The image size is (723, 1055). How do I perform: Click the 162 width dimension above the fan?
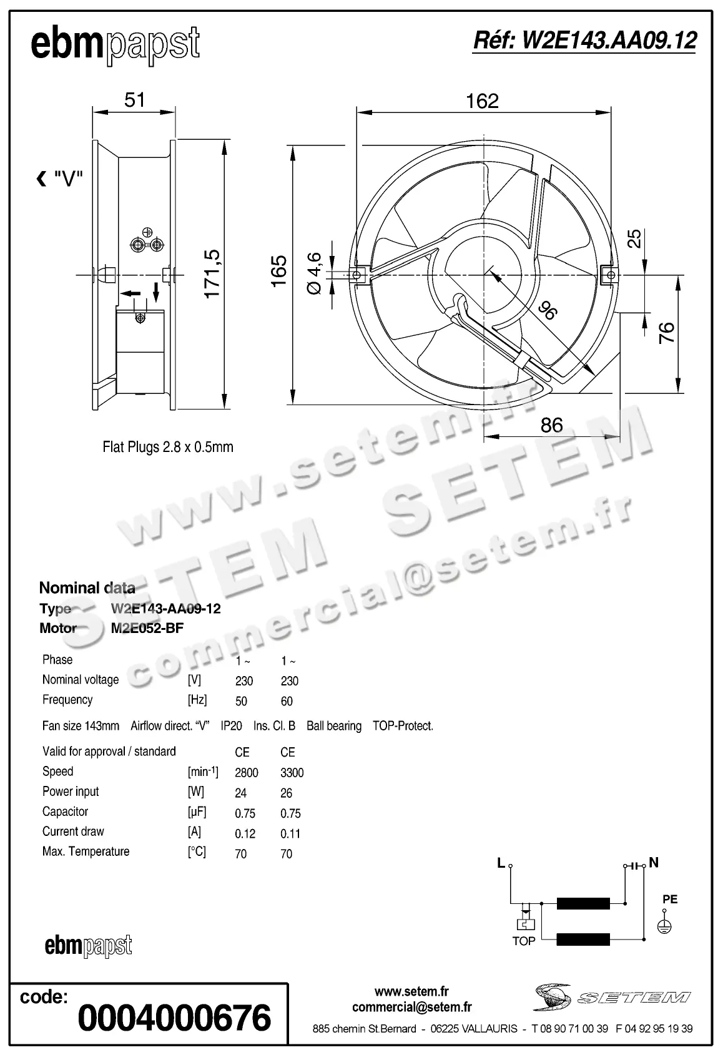coord(482,101)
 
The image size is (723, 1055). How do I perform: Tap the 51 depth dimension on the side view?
coord(134,100)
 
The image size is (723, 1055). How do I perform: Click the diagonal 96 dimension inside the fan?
coord(547,310)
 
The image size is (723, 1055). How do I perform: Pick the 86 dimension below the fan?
coord(551,425)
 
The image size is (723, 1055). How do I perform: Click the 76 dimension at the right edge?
coord(667,332)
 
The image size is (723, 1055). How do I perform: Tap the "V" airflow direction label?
coord(67,180)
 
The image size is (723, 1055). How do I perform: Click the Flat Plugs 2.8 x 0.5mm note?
coord(167,447)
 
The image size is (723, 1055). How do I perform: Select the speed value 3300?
coord(292,773)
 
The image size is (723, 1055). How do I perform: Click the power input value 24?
coord(240,793)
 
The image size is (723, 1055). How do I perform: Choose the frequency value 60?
coord(287,701)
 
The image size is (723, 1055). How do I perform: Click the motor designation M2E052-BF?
coord(147,628)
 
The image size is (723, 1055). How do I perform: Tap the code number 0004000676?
coord(174,1017)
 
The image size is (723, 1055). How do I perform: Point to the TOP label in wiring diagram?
coord(523,941)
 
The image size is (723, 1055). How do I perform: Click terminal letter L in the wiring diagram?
coord(501,863)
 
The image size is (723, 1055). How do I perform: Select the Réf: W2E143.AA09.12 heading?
coord(584,41)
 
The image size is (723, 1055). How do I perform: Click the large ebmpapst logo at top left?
coord(115,45)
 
